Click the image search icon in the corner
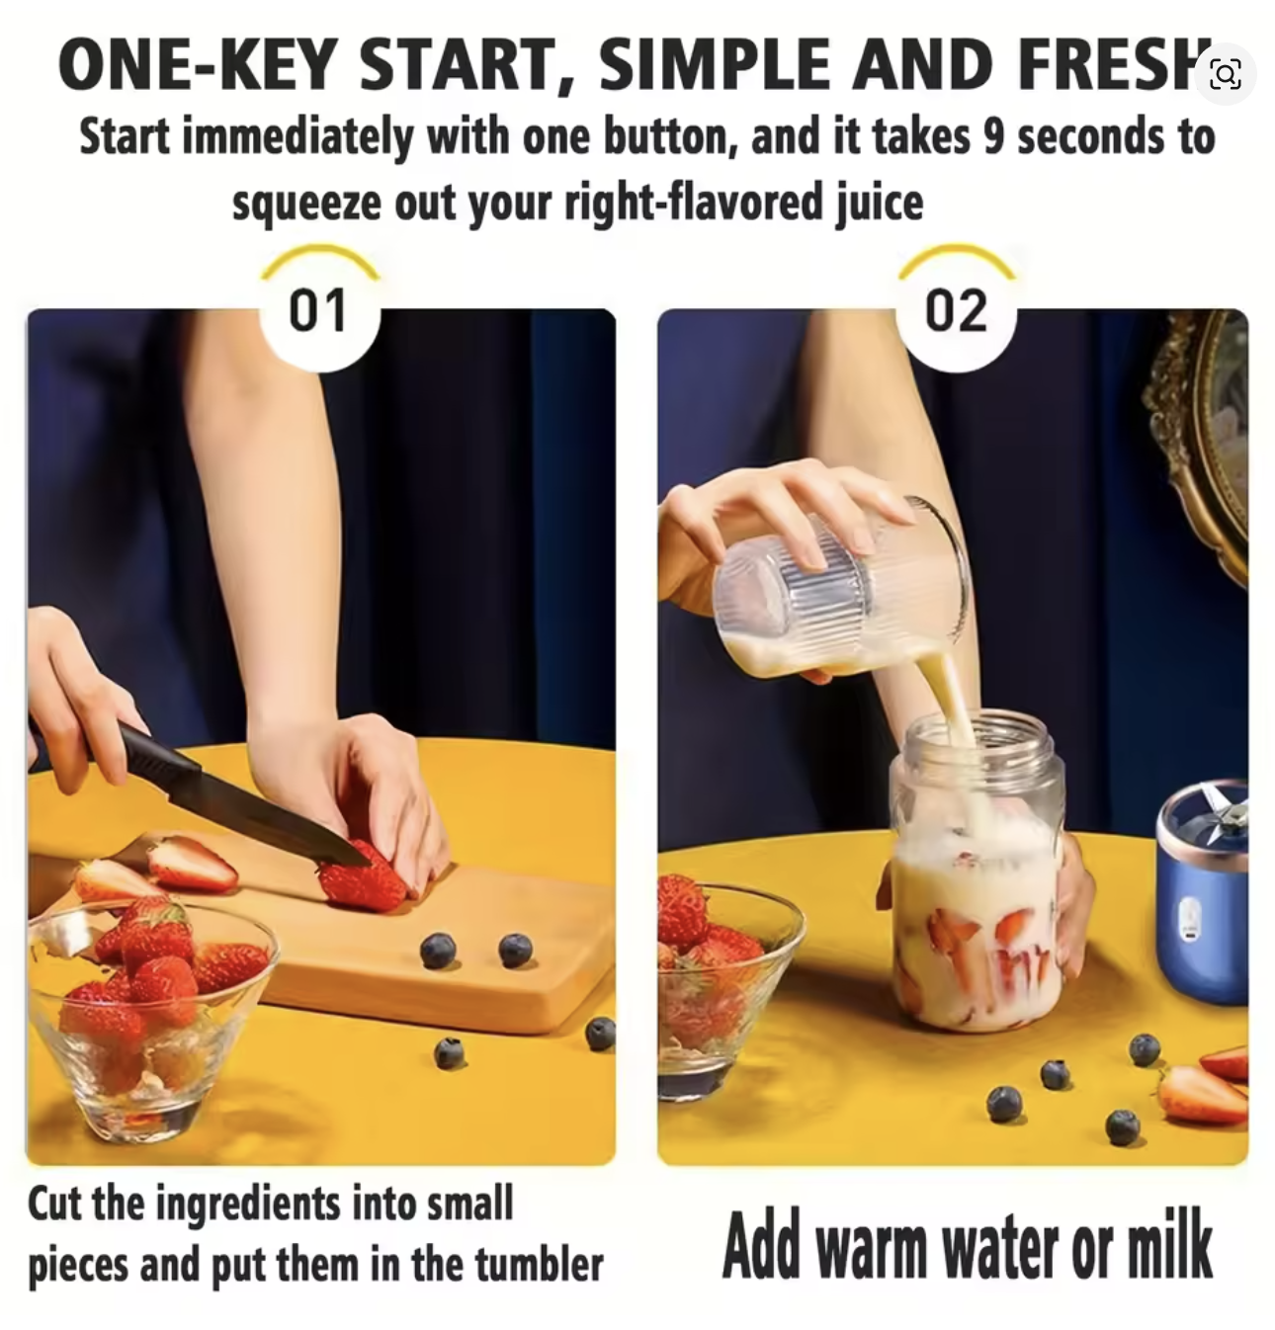pos(1225,74)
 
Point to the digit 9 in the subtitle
pos(994,136)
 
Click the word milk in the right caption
pos(1168,1245)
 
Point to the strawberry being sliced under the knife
pos(363,879)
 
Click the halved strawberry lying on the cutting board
pos(193,863)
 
